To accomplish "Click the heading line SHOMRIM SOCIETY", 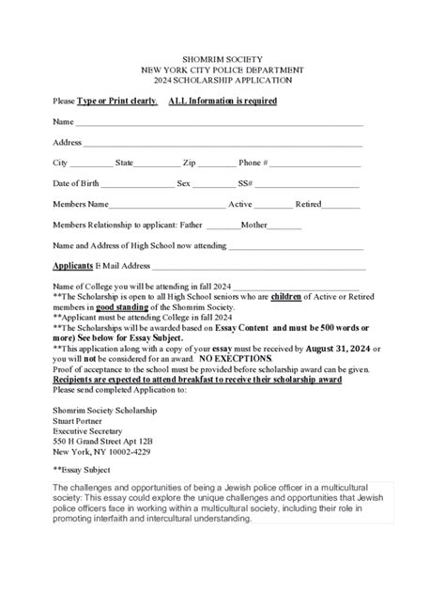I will [222, 58].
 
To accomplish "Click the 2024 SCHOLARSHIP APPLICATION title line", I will [222, 81].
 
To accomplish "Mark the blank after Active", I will [273, 205].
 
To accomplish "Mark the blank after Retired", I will [342, 205].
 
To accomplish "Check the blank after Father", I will [222, 226].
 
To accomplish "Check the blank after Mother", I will [284, 226].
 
